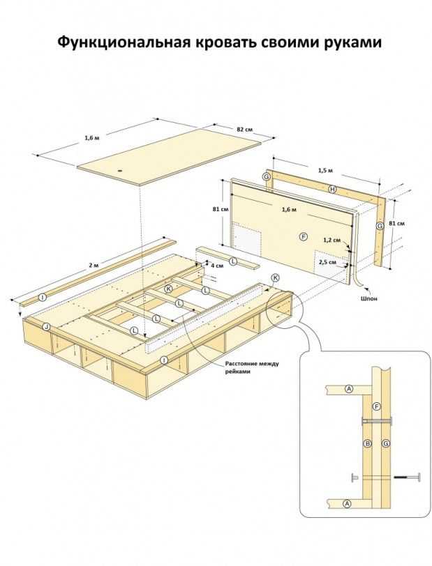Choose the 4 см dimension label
click(216, 266)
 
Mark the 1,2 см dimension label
click(332, 240)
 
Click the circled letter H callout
click(333, 189)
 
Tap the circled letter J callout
click(46, 327)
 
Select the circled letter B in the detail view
click(367, 443)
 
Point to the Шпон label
click(368, 299)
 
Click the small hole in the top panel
click(120, 170)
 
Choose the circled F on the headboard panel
click(304, 237)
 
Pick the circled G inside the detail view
click(386, 443)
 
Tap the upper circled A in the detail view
click(349, 389)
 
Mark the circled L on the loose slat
click(233, 261)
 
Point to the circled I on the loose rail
click(43, 298)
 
